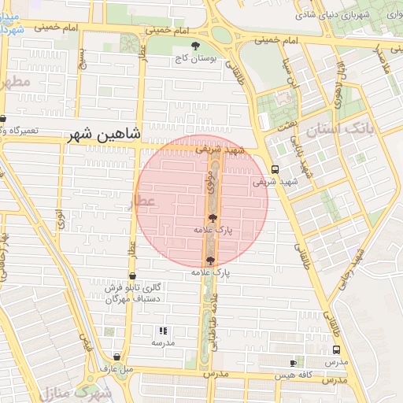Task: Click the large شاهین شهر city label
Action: tap(104, 135)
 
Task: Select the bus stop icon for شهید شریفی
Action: tap(274, 169)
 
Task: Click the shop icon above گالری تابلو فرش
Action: tap(131, 276)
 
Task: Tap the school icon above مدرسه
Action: tap(163, 331)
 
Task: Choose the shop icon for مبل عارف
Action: tap(116, 357)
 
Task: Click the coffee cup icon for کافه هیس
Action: tap(294, 363)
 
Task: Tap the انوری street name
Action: tap(59, 219)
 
